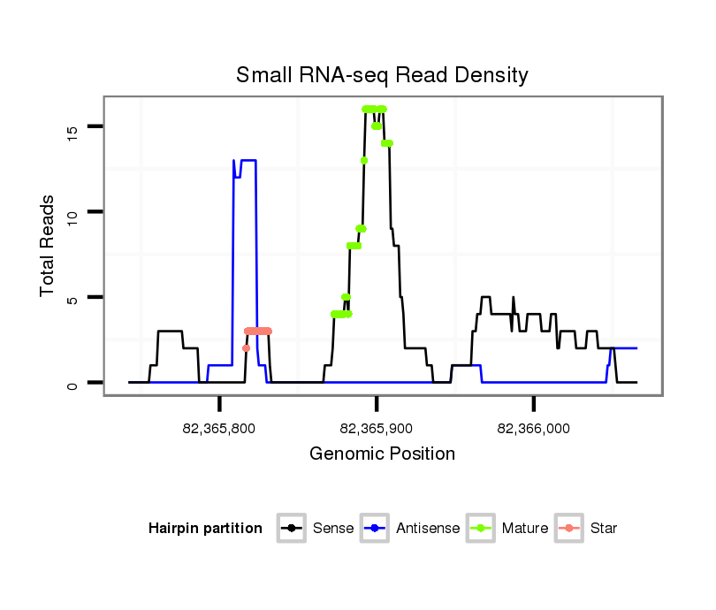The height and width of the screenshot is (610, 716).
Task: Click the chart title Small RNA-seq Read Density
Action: pyautogui.click(x=382, y=75)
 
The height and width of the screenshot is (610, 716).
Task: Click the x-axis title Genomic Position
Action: pyautogui.click(x=382, y=454)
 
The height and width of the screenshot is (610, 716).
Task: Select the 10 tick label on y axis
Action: pyautogui.click(x=72, y=212)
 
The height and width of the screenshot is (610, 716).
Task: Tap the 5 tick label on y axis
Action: pyautogui.click(x=72, y=298)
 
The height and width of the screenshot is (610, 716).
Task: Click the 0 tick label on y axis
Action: pyautogui.click(x=72, y=384)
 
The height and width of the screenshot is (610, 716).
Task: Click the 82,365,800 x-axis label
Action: pyautogui.click(x=219, y=429)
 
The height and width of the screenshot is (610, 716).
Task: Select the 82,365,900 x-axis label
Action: pyautogui.click(x=377, y=429)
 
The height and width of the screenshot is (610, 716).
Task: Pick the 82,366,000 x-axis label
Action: pyautogui.click(x=534, y=429)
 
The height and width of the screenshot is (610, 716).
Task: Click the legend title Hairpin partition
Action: pyautogui.click(x=205, y=529)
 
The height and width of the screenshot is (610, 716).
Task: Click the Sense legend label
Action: pyautogui.click(x=333, y=529)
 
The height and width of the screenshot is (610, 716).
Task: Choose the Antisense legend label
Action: pyautogui.click(x=428, y=529)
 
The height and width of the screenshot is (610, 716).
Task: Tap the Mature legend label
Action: pyautogui.click(x=525, y=529)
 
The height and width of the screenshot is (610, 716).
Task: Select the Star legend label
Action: pyautogui.click(x=604, y=529)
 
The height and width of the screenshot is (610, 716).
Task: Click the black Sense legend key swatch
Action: pyautogui.click(x=292, y=529)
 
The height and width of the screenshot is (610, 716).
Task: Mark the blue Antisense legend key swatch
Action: pyautogui.click(x=375, y=529)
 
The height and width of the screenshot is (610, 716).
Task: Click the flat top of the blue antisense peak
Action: pyautogui.click(x=248, y=160)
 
